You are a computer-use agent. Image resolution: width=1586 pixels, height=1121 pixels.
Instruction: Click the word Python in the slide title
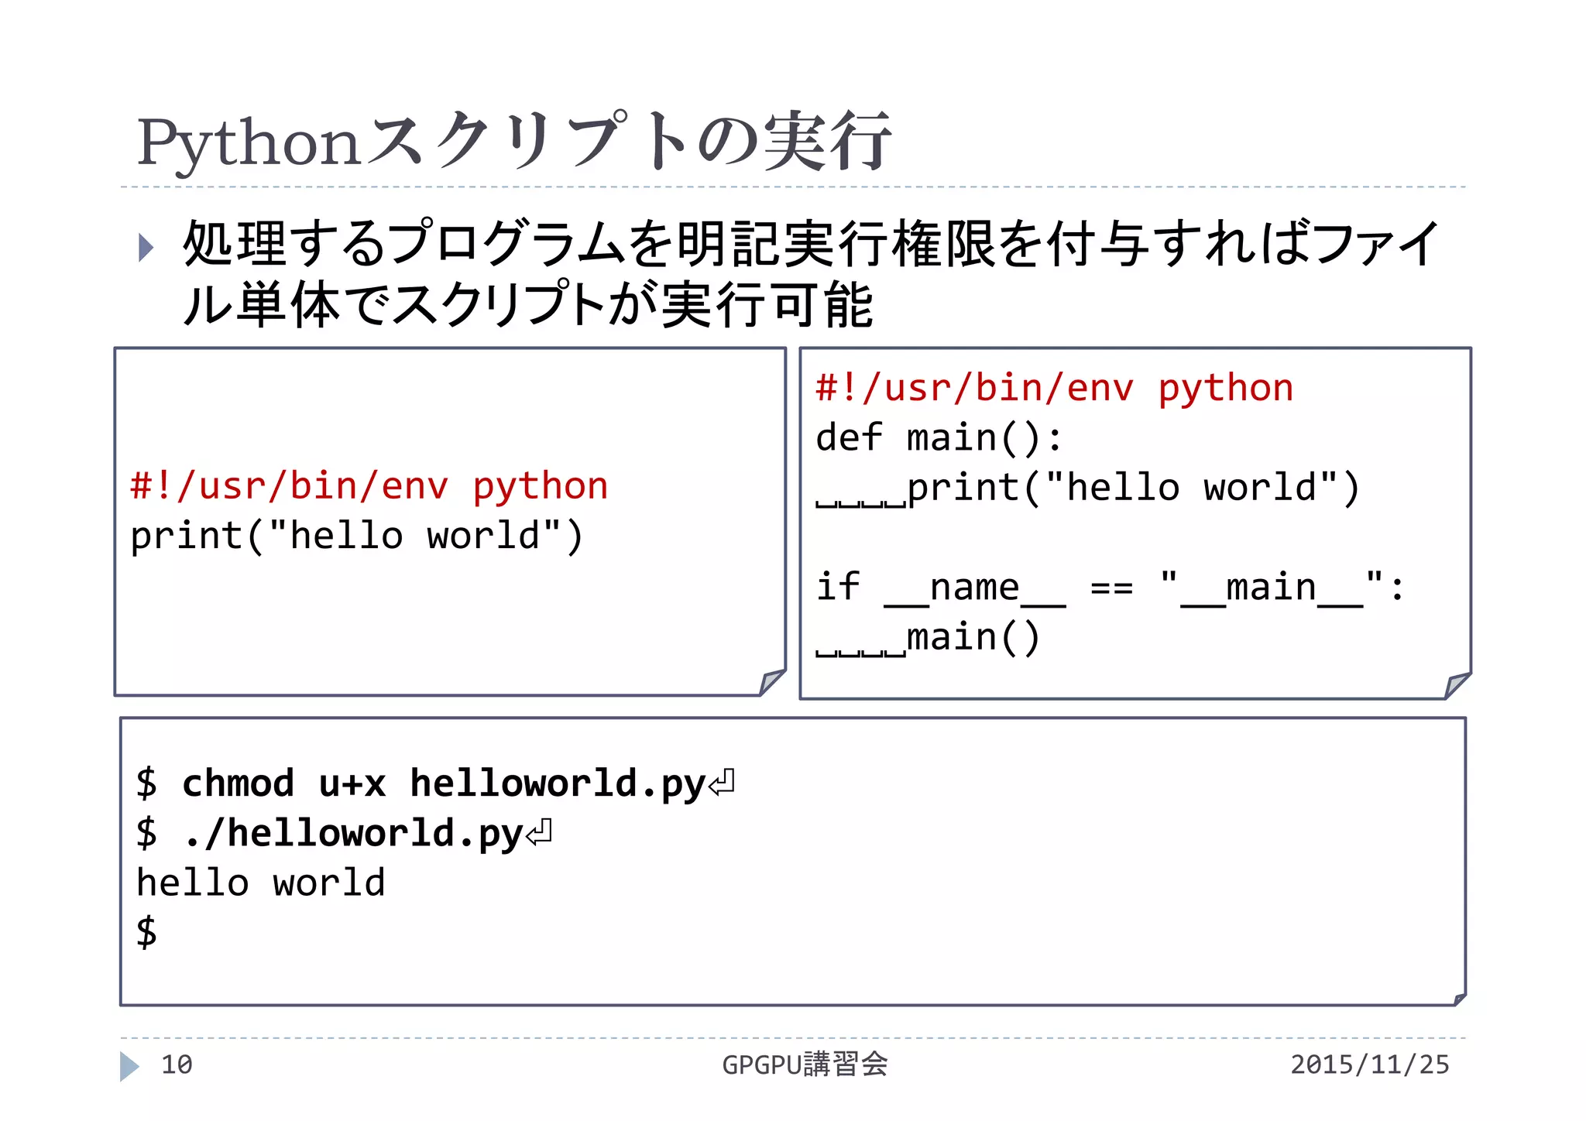pyautogui.click(x=249, y=144)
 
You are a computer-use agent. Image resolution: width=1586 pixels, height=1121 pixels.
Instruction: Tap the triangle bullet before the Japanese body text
pyautogui.click(x=145, y=247)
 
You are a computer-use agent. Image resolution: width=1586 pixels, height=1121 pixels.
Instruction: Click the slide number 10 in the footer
pyautogui.click(x=177, y=1064)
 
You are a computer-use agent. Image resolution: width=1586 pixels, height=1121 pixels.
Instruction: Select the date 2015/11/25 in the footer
pyautogui.click(x=1369, y=1064)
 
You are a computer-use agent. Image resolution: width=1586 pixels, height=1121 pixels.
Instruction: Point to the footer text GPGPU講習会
pyautogui.click(x=805, y=1064)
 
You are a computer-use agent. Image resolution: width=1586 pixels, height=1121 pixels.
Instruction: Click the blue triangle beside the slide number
pyautogui.click(x=129, y=1066)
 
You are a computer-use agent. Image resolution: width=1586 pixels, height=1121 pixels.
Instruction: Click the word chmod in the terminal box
pyautogui.click(x=238, y=783)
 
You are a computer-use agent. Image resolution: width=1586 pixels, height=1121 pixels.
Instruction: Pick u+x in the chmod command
pyautogui.click(x=352, y=783)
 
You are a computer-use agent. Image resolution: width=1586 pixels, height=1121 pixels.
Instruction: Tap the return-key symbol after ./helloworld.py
pyautogui.click(x=539, y=833)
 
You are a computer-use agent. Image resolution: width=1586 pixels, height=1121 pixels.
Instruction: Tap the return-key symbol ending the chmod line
pyautogui.click(x=722, y=783)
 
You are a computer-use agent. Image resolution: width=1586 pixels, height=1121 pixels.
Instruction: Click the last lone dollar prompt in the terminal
pyautogui.click(x=146, y=931)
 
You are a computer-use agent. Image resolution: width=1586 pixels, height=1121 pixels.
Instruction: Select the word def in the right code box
pyautogui.click(x=849, y=437)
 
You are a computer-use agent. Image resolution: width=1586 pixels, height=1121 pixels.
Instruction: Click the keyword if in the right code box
pyautogui.click(x=838, y=587)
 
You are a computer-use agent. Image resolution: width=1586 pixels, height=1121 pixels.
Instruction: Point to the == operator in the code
pyautogui.click(x=1111, y=588)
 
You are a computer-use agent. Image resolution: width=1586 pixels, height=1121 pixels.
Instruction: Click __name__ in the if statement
pyautogui.click(x=975, y=588)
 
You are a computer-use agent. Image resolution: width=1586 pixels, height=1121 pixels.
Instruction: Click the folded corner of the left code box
pyautogui.click(x=772, y=681)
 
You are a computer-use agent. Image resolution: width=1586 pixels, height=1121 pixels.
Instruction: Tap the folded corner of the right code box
pyautogui.click(x=1457, y=685)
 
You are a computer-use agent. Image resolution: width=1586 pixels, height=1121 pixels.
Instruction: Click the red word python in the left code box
pyautogui.click(x=541, y=487)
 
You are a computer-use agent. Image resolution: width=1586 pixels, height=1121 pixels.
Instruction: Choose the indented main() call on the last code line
pyautogui.click(x=973, y=638)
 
